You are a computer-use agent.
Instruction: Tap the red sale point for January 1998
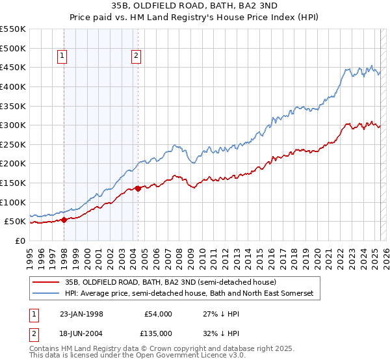[x=64, y=220]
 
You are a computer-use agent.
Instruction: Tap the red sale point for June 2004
[x=138, y=188]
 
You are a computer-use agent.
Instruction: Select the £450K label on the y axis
[x=13, y=67]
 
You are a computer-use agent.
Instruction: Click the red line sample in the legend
[x=46, y=283]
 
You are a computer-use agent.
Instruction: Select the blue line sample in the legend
[x=46, y=294]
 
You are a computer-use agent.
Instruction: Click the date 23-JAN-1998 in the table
[x=77, y=314]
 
